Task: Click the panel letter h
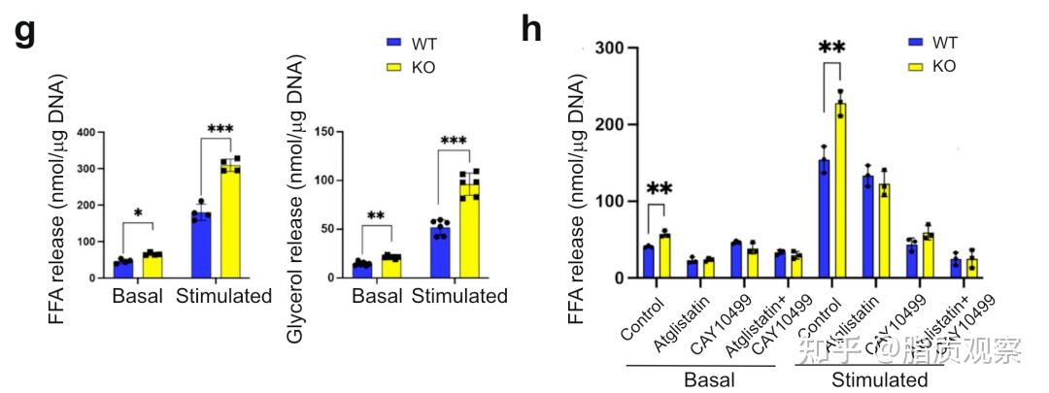point(531,31)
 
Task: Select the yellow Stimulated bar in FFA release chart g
point(229,222)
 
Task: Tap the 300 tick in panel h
point(609,47)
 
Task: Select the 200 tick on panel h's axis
point(609,124)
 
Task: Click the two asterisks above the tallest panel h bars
point(831,49)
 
